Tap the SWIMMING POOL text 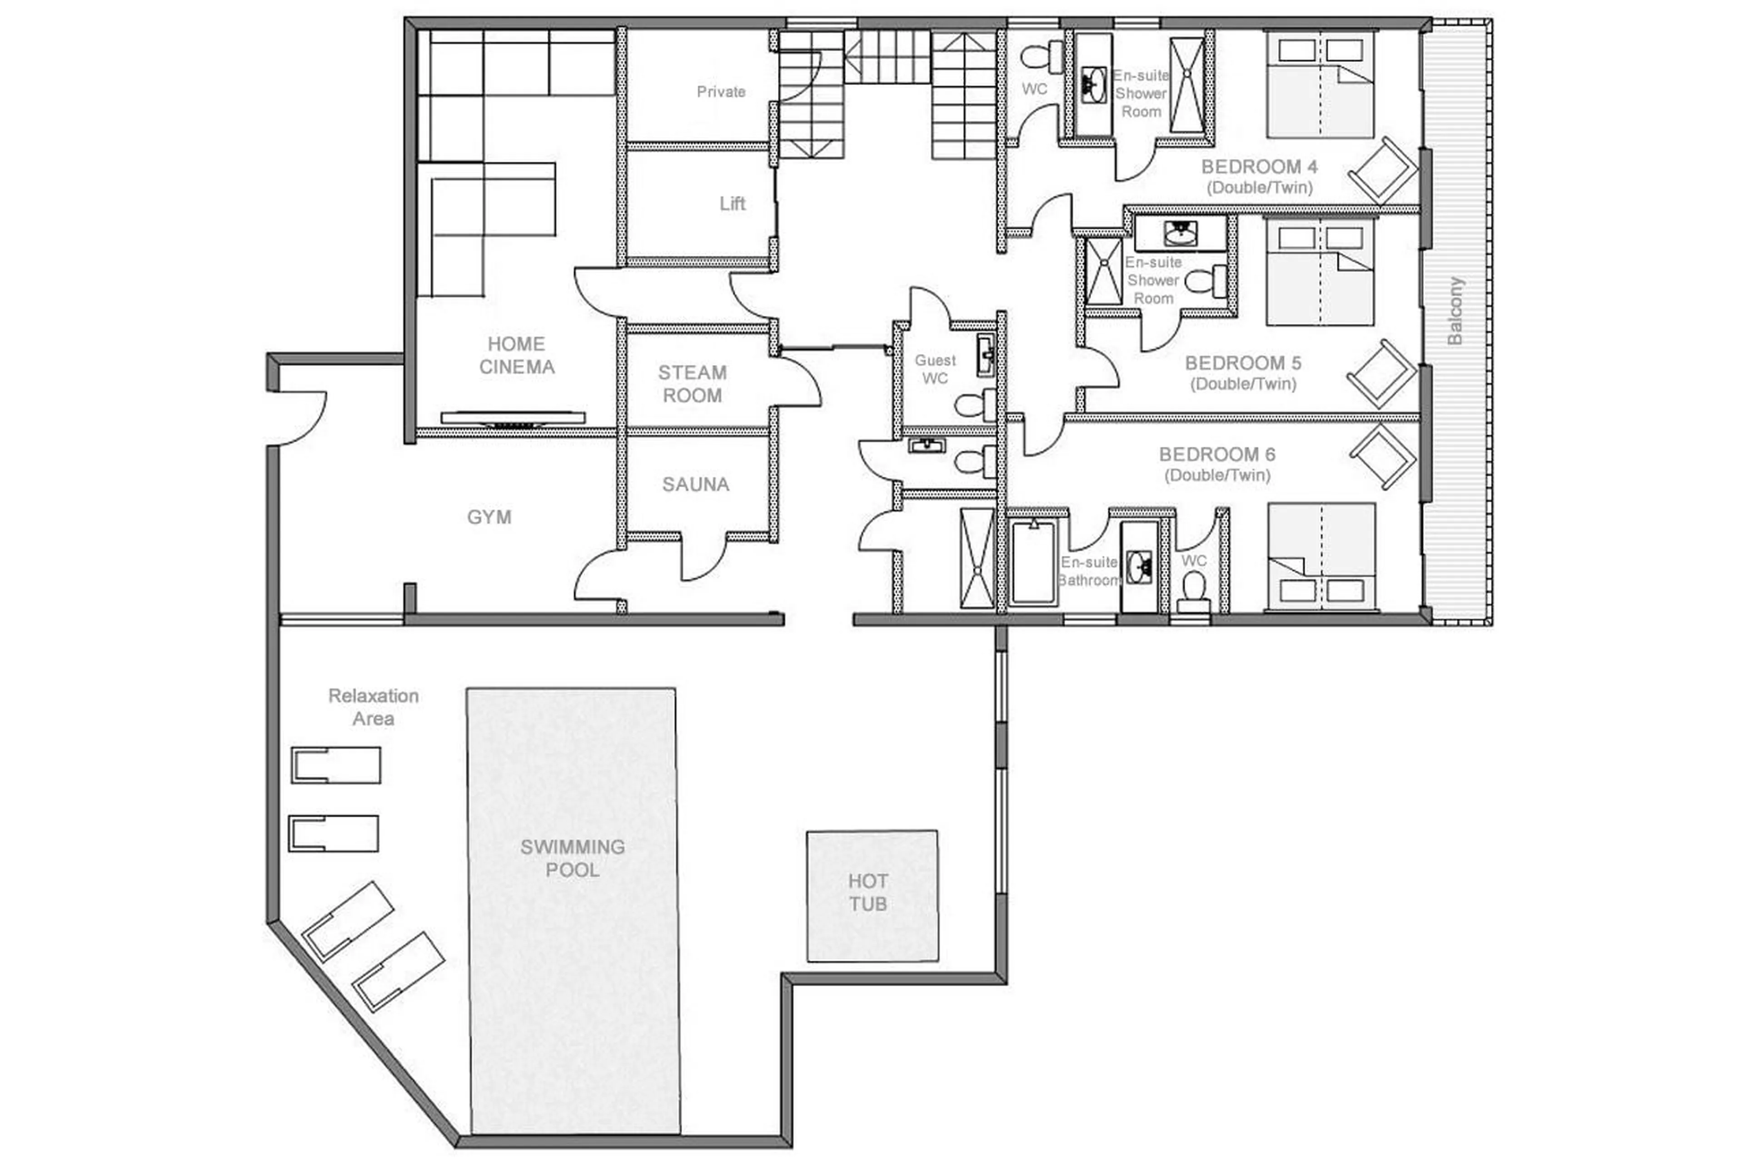(x=572, y=858)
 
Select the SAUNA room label (x=695, y=484)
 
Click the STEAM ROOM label (x=692, y=384)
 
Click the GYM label (x=489, y=517)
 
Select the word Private (x=720, y=92)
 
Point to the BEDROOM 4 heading (x=1258, y=166)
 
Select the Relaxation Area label (x=373, y=706)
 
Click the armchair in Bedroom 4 (x=1381, y=170)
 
